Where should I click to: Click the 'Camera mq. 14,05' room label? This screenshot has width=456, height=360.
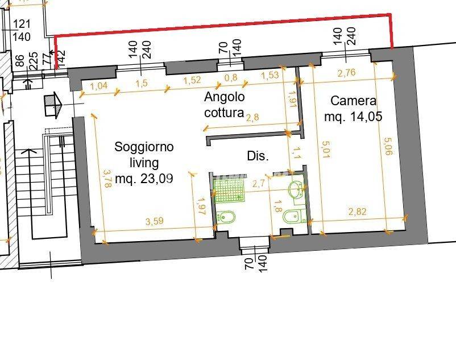[x=353, y=109]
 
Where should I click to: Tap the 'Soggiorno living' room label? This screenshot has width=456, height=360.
[x=144, y=163]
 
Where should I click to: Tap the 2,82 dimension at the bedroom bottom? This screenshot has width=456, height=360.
[x=358, y=212]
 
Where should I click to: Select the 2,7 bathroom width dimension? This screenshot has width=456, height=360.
[x=259, y=183]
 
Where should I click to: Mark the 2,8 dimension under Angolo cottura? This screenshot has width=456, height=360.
[x=252, y=118]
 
